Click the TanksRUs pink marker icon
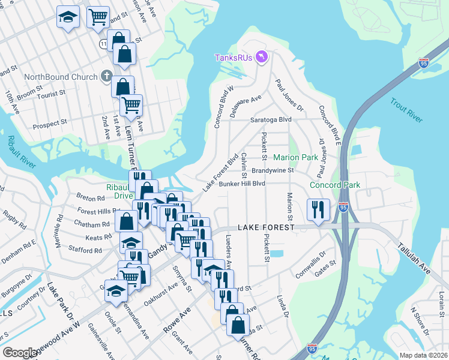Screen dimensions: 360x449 pyautogui.click(x=262, y=57)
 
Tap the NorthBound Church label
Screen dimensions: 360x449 pyautogui.click(x=61, y=77)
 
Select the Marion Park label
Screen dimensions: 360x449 pyautogui.click(x=295, y=158)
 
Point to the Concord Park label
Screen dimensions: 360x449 pyautogui.click(x=335, y=185)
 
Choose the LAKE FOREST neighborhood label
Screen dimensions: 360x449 pyautogui.click(x=266, y=228)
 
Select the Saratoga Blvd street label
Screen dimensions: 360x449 pyautogui.click(x=271, y=119)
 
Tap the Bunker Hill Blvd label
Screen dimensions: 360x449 pyautogui.click(x=242, y=184)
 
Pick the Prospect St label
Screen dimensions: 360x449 pyautogui.click(x=49, y=124)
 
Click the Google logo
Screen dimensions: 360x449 pyautogui.click(x=20, y=353)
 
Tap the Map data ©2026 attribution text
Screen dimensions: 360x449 pyautogui.click(x=423, y=355)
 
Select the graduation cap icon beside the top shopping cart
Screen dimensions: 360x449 pyautogui.click(x=68, y=17)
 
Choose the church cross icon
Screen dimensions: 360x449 pyautogui.click(x=106, y=76)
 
